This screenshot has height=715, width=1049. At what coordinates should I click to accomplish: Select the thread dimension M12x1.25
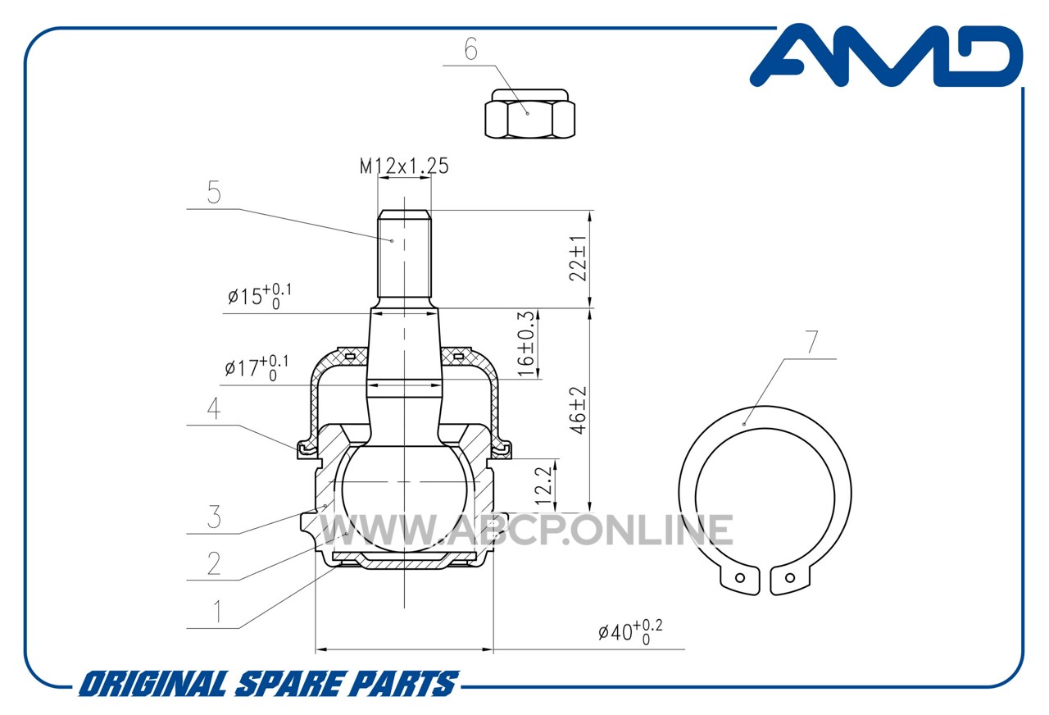[x=404, y=166]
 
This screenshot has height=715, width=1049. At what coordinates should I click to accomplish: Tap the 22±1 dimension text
[x=578, y=258]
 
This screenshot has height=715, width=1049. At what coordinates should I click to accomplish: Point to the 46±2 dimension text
[x=579, y=410]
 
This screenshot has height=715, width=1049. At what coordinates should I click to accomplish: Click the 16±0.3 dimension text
[x=526, y=344]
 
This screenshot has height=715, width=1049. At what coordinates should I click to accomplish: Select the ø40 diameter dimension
[x=630, y=632]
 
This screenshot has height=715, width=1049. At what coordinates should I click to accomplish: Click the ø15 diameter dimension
[x=260, y=296]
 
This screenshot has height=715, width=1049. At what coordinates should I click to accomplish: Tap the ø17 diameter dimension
[x=257, y=368]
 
